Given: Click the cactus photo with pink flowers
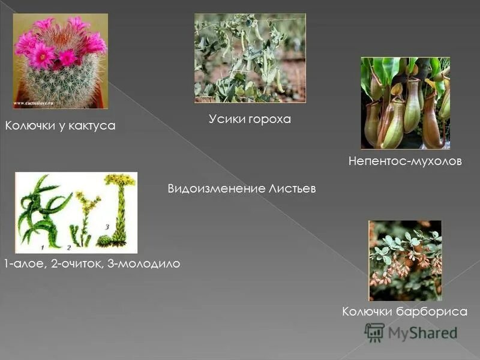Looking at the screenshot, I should pyautogui.click(x=60, y=61).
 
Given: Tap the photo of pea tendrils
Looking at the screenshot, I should pyautogui.click(x=250, y=58).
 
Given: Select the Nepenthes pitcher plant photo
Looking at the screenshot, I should pyautogui.click(x=405, y=103).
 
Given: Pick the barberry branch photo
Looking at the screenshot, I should pyautogui.click(x=405, y=260).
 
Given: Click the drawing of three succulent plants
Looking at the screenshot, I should pyautogui.click(x=76, y=212).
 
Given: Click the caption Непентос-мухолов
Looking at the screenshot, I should pyautogui.click(x=405, y=162).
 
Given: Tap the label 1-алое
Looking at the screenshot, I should pyautogui.click(x=23, y=264).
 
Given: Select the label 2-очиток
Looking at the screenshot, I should pyautogui.click(x=76, y=264).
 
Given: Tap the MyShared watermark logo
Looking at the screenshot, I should pyautogui.click(x=411, y=332).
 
